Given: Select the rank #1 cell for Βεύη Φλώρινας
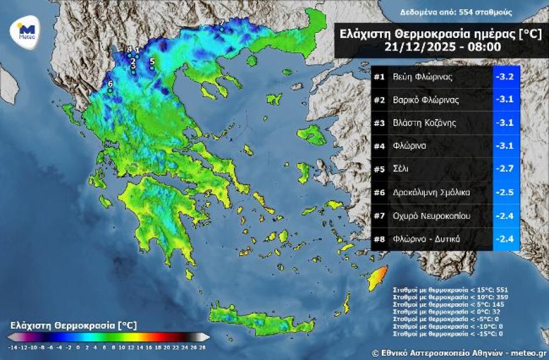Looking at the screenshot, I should coord(379,77).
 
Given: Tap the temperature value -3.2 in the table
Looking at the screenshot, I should coord(505,77).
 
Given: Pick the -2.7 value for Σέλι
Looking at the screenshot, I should coord(505,169).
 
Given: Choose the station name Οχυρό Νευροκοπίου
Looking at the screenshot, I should coord(431,215).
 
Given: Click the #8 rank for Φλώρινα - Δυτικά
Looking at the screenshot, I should coord(379,238).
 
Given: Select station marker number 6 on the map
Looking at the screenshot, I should coord(110,90).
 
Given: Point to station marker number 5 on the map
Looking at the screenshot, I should coord(152,67).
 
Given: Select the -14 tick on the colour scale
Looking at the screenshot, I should coord(12,346).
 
